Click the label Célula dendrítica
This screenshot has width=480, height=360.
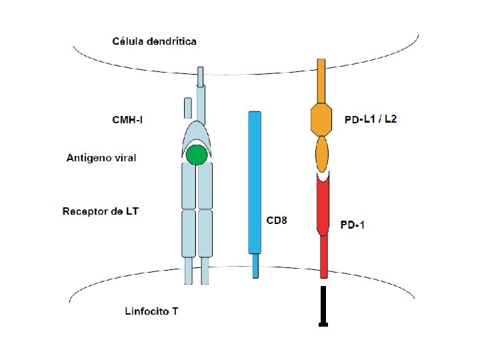point(153,41)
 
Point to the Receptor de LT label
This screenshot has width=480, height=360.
point(101,211)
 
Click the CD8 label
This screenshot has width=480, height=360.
point(277,219)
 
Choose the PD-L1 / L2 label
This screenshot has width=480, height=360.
point(371,120)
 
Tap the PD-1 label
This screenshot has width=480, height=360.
point(353,225)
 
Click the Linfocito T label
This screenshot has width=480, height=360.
point(151,311)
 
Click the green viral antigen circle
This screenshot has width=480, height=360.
point(197,155)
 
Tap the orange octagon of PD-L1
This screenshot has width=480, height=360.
point(321,119)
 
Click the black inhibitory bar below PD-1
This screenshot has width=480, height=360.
point(323,307)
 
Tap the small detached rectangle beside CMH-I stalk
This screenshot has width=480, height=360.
point(188,107)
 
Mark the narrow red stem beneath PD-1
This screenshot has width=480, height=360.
point(323,257)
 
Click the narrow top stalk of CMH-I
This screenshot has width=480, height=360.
point(201,77)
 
